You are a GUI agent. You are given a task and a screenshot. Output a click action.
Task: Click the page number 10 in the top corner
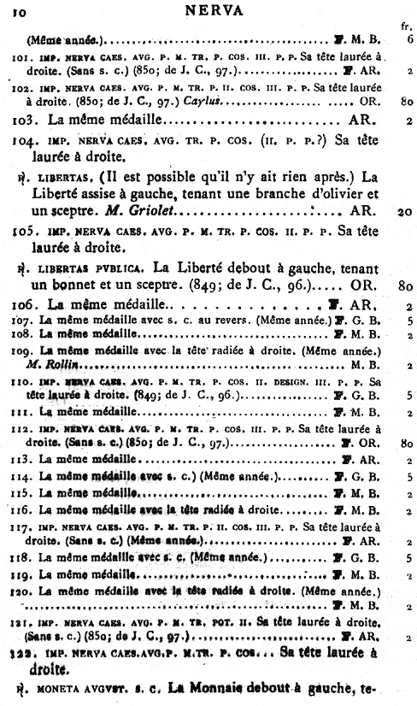[18, 10]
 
